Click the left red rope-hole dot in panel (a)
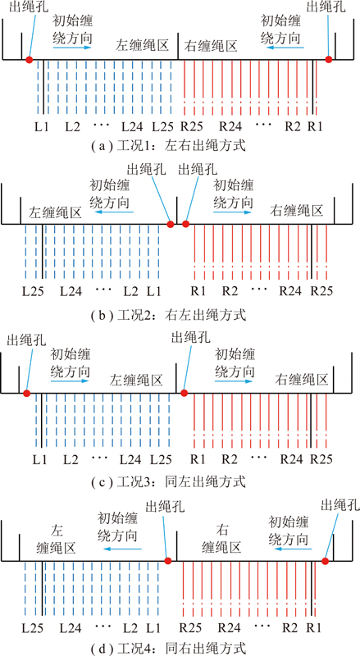tap(29, 60)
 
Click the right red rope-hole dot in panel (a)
tap(329, 59)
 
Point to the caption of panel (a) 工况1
tap(168, 146)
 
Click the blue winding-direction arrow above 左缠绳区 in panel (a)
tap(72, 48)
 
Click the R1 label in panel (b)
tap(198, 291)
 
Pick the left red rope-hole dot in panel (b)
tap(171, 224)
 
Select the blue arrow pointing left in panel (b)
tap(113, 212)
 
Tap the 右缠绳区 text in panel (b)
tap(297, 211)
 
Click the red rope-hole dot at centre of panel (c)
tap(184, 393)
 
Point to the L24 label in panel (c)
tap(131, 459)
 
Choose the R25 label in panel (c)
tap(321, 459)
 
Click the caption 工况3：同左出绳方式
tap(168, 481)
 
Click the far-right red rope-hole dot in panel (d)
tap(325, 561)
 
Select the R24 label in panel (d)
tap(230, 628)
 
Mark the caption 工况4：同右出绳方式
tap(168, 649)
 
